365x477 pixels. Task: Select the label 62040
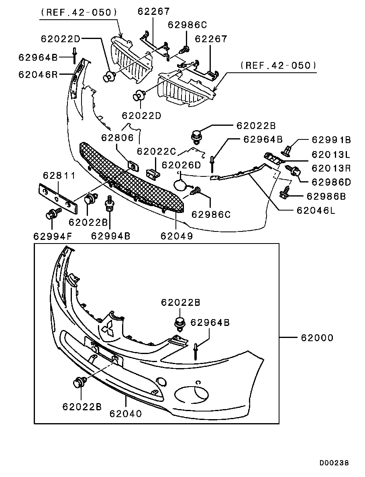pos(125,413)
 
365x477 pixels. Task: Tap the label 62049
pos(177,236)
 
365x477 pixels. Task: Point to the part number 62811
pos(59,176)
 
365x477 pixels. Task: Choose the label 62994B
pos(110,236)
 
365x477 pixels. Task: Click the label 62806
pos(117,138)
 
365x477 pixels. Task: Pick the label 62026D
pos(181,165)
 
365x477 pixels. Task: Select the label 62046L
pos(315,210)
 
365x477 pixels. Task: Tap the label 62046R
pos(38,74)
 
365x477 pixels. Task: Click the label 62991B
pos(331,140)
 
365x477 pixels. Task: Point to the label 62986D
pos(331,182)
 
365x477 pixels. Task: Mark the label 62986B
pos(326,196)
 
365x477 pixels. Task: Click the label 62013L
pos(331,154)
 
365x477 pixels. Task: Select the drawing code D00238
pos(334,463)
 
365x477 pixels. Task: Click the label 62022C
pos(157,151)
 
